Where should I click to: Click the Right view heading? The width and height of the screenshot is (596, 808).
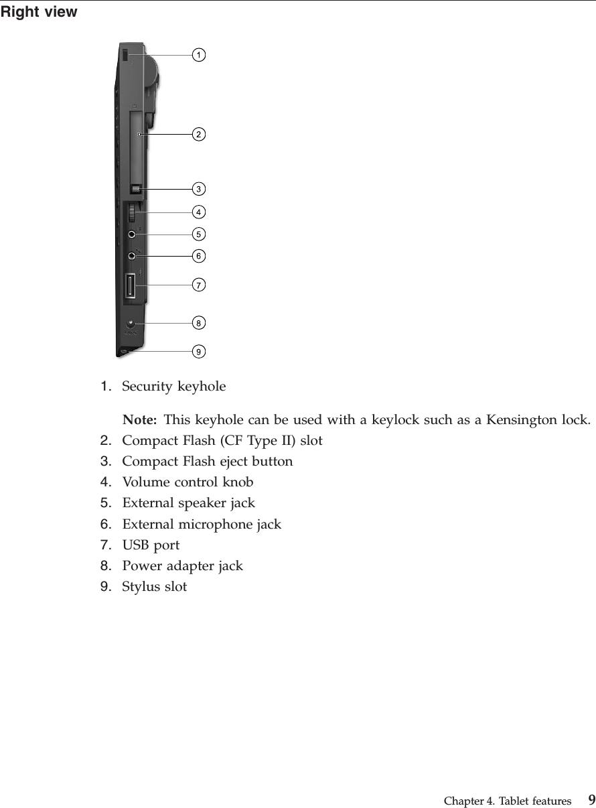(39, 12)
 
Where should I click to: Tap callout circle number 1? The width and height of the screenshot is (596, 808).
(199, 55)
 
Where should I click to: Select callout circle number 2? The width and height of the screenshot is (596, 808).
(199, 135)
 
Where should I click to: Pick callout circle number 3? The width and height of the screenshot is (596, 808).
(199, 188)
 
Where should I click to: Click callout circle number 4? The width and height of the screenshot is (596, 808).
(199, 212)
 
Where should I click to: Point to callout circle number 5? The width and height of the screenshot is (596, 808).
(199, 234)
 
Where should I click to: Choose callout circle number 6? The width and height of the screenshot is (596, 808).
(199, 257)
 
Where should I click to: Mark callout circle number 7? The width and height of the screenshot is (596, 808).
(199, 285)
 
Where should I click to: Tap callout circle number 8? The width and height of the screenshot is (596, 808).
(199, 324)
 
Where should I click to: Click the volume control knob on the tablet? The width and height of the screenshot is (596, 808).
(132, 214)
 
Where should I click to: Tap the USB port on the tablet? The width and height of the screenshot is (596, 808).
(129, 287)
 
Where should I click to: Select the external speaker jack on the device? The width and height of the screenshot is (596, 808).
(131, 235)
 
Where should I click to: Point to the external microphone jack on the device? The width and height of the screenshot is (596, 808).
(131, 256)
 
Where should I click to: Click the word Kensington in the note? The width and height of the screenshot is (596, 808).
(522, 421)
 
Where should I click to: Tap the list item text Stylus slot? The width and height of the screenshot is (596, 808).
(154, 587)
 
